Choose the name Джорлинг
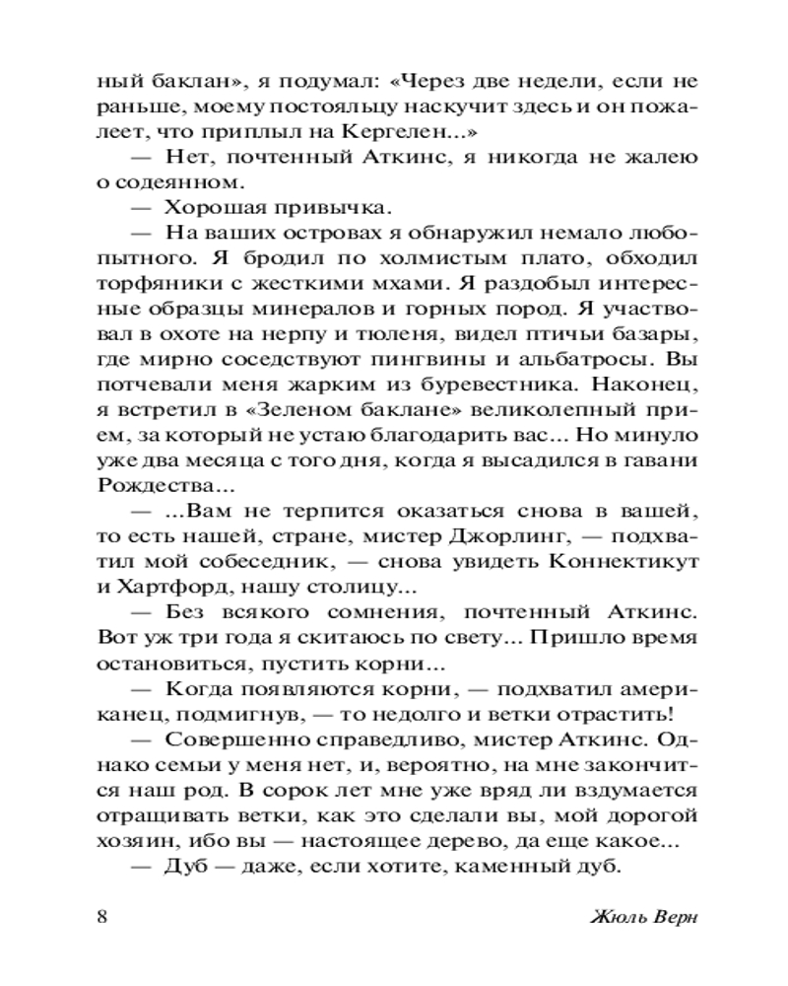coord(508,539)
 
